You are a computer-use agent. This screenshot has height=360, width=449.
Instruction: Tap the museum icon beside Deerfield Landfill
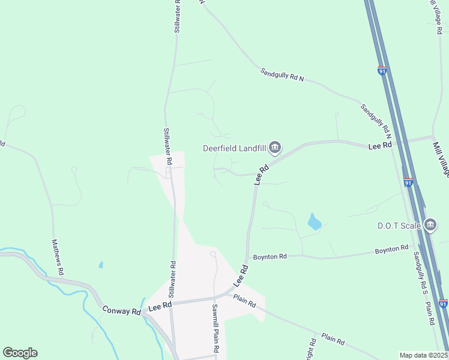click(275, 146)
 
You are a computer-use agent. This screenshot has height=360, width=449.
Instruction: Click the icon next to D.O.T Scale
click(430, 225)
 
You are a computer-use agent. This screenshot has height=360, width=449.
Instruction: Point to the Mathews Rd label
click(58, 257)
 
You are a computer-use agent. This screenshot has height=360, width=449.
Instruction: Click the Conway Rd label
click(121, 311)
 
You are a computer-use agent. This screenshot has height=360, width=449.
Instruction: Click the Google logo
click(20, 353)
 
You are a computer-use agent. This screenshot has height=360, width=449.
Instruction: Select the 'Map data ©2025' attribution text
click(423, 355)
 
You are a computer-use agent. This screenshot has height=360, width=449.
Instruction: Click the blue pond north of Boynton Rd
click(314, 223)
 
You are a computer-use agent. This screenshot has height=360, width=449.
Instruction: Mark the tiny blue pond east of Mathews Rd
click(101, 265)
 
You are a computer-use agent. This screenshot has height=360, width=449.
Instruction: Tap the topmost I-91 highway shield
click(382, 71)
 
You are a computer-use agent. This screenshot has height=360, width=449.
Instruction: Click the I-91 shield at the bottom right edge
click(443, 304)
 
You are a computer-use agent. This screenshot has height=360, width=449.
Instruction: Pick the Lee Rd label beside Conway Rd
click(160, 305)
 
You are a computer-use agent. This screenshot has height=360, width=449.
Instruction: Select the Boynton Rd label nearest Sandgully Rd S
click(391, 248)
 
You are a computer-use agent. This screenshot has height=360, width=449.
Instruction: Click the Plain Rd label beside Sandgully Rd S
click(430, 313)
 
